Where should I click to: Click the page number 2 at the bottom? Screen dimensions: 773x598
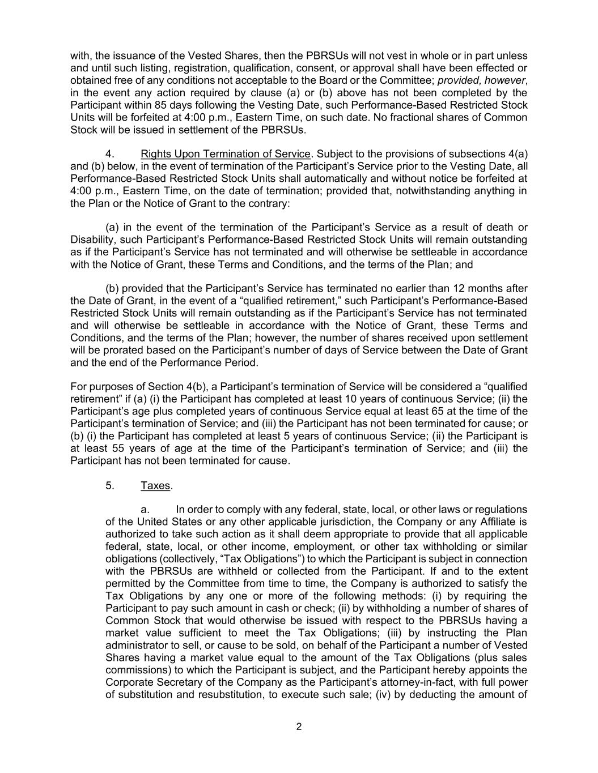click(x=299, y=727)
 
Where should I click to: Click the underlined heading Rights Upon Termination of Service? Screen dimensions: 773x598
click(x=226, y=154)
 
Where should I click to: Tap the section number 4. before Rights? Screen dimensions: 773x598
click(x=111, y=154)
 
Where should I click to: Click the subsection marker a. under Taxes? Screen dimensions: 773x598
click(x=145, y=510)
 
